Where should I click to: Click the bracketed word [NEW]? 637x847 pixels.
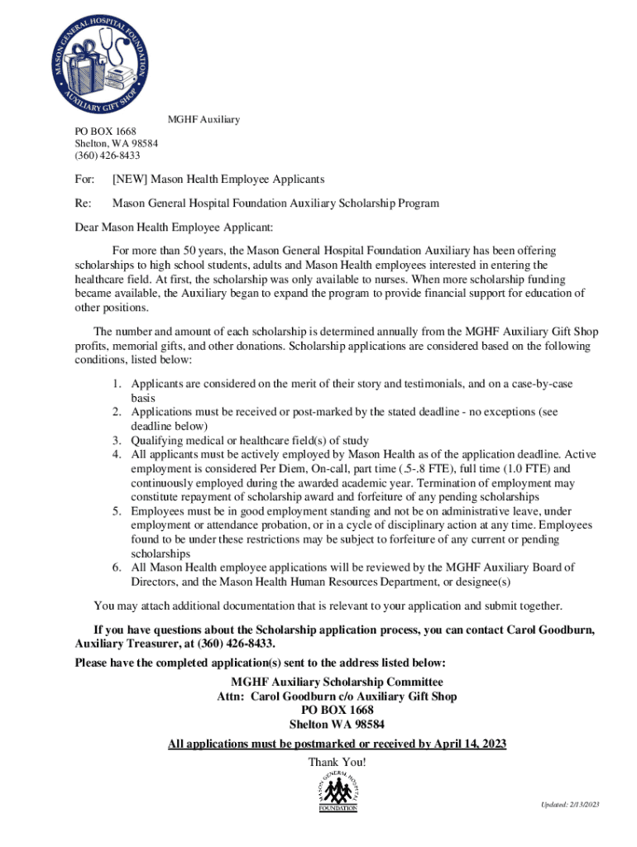[x=130, y=179]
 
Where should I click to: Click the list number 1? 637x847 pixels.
[x=117, y=385]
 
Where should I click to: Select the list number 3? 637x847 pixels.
[x=117, y=441]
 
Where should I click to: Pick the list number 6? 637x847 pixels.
[x=117, y=567]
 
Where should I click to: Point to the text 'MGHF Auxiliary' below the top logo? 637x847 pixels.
[x=204, y=120]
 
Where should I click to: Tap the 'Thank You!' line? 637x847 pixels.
[x=337, y=762]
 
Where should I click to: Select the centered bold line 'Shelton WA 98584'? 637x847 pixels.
[x=337, y=725]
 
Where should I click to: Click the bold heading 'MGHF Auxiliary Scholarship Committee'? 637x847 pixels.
[x=337, y=682]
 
